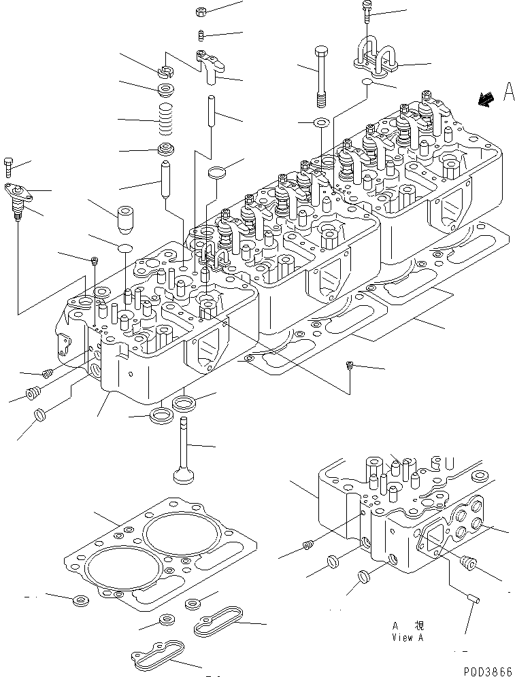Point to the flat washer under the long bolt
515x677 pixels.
coord(321,123)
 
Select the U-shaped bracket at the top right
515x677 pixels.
coord(375,58)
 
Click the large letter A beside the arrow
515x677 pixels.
coord(508,92)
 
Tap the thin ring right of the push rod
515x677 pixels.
coord(216,171)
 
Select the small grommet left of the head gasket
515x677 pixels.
coord(80,600)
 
